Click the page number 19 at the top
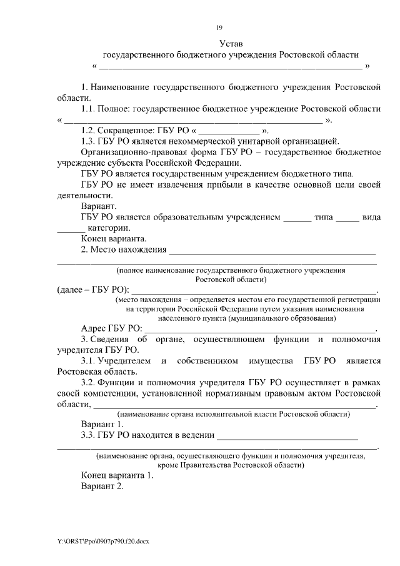pyautogui.click(x=219, y=27)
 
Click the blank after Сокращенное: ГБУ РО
pyautogui.click(x=229, y=131)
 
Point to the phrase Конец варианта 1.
pyautogui.click(x=117, y=475)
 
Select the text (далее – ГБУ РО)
pyautogui.click(x=93, y=289)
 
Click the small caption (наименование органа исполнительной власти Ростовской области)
pyautogui.click(x=233, y=414)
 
